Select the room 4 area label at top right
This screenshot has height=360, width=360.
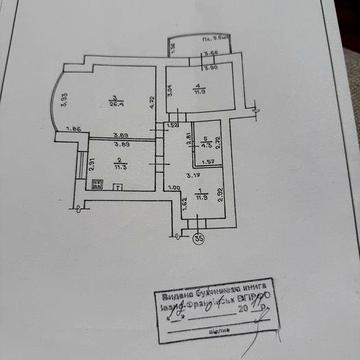point(199,87)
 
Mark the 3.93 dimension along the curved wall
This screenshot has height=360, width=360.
point(62,100)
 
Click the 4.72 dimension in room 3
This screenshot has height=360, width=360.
point(150,100)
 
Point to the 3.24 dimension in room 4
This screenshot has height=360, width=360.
point(171,89)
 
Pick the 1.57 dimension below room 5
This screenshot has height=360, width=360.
point(208,163)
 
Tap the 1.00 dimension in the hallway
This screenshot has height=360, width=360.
point(173,188)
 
